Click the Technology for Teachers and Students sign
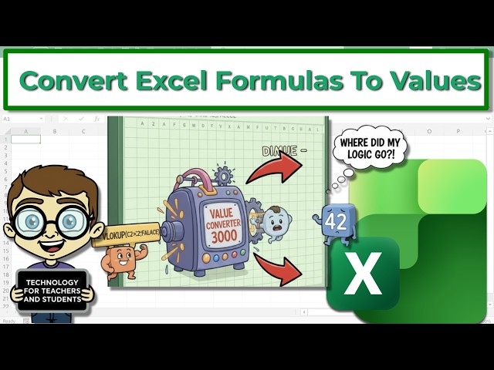[52, 290]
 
